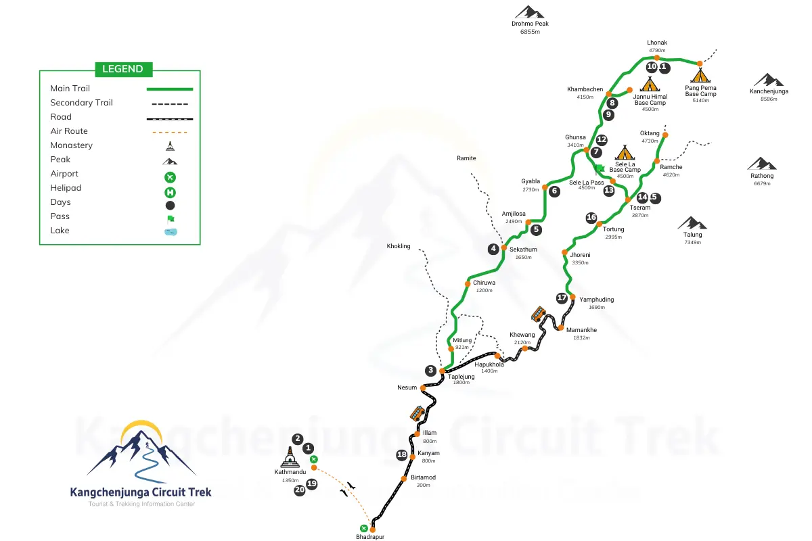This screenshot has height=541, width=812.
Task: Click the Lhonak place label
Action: pyautogui.click(x=656, y=43)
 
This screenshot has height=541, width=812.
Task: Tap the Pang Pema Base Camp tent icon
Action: pyautogui.click(x=700, y=72)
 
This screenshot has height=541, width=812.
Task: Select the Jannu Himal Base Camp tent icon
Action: pyautogui.click(x=650, y=84)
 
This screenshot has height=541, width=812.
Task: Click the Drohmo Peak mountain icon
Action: pyautogui.click(x=529, y=12)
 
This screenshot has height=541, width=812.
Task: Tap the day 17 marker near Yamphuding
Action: pyautogui.click(x=562, y=298)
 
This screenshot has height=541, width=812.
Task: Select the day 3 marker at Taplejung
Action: pyautogui.click(x=430, y=370)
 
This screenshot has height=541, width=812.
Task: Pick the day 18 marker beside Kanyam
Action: pyautogui.click(x=401, y=455)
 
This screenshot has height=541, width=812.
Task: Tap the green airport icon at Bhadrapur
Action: pyautogui.click(x=364, y=528)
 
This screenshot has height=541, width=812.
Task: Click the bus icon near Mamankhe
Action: pyautogui.click(x=538, y=314)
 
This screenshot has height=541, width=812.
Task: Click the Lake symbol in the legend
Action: pyautogui.click(x=170, y=231)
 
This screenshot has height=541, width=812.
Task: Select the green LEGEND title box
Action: pyautogui.click(x=122, y=68)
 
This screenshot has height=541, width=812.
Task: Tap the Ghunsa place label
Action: pyautogui.click(x=575, y=137)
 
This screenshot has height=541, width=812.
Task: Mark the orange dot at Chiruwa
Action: pyautogui.click(x=467, y=283)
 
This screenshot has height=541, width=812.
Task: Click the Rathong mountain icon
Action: pyautogui.click(x=762, y=164)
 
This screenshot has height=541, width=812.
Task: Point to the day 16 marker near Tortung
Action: pyautogui.click(x=591, y=218)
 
